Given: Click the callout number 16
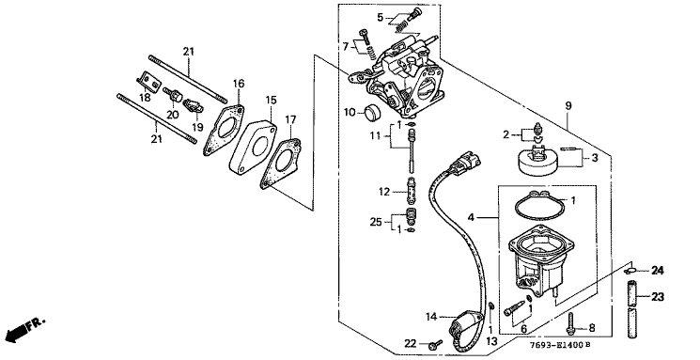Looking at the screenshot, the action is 239,84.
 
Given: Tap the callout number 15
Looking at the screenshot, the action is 271,100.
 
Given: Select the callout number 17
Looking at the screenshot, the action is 290,119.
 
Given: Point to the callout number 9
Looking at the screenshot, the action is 568,106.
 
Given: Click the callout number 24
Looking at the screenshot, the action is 657,270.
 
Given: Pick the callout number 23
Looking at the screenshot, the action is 658,297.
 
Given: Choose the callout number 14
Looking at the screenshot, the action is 431,317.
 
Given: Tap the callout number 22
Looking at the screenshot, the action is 411,343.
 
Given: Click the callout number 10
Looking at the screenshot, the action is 350,112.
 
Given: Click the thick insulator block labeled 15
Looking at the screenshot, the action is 253,147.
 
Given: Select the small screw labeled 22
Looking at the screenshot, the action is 434,345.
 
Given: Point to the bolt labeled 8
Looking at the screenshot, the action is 570,324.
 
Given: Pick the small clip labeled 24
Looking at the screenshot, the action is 630,271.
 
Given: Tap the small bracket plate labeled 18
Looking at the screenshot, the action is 148,82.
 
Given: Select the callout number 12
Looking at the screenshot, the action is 384,192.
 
